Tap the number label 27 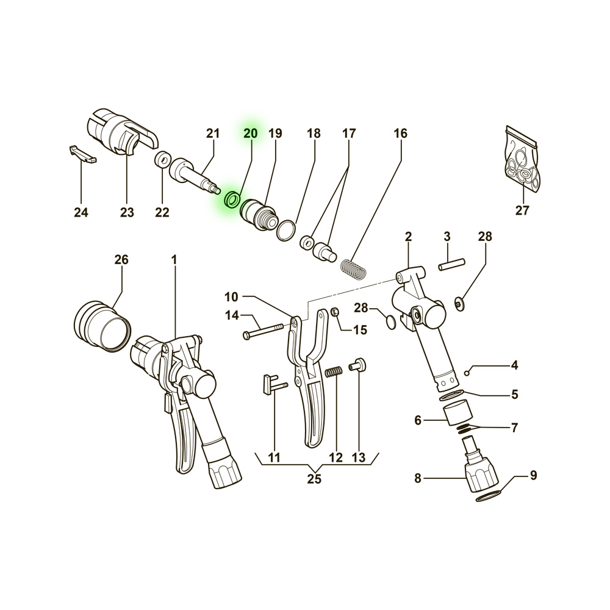pos(523,210)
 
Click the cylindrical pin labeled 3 pos(451,264)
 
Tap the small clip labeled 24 pos(83,154)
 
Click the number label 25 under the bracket pos(314,479)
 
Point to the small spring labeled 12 pos(334,372)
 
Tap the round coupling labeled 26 pos(102,326)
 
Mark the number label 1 pos(174,259)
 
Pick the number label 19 pos(275,134)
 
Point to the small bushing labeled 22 pos(163,160)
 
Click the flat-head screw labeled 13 pos(358,365)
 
